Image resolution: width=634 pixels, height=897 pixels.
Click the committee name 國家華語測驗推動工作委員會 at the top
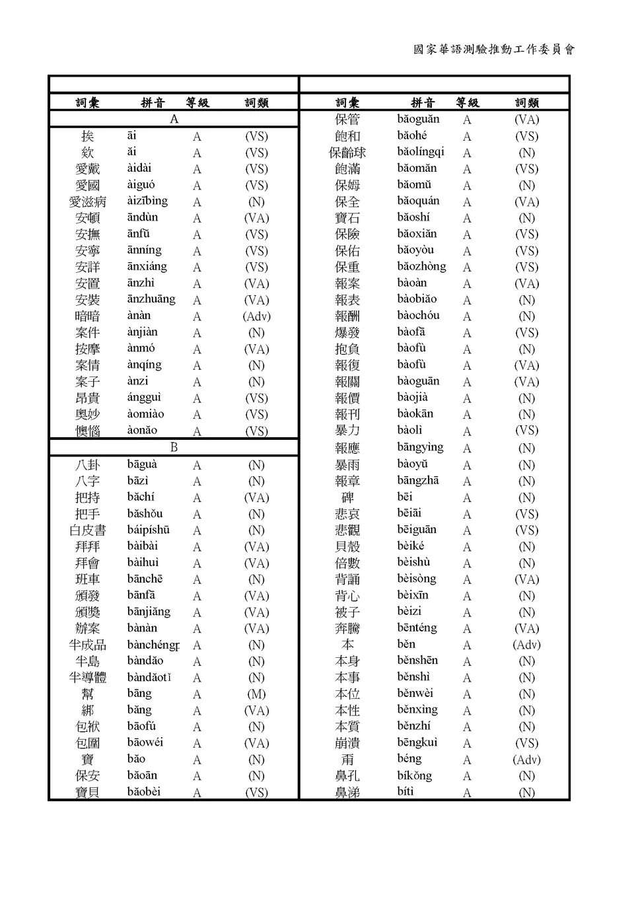coord(494,50)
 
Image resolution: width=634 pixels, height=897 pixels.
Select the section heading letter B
coord(174,447)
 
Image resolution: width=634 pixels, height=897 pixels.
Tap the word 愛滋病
coord(87,201)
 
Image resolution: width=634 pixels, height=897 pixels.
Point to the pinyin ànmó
coord(141,349)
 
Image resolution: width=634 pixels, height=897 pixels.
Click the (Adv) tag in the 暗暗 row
coord(256,316)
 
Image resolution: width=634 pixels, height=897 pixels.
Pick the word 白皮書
coord(87,530)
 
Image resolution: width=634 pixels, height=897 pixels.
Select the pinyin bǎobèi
coord(143,792)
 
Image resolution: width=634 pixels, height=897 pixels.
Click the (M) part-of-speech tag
coord(256,694)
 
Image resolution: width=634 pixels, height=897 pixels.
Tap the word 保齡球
coord(347,153)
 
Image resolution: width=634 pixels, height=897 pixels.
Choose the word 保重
coord(347,267)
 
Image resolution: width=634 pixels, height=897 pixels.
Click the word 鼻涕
coord(347,793)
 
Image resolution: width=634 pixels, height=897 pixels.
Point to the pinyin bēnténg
coord(417,628)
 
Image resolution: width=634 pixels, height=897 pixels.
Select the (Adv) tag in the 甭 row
coord(526,760)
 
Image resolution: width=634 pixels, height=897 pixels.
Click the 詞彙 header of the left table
coord(87,102)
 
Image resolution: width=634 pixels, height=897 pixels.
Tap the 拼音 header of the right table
coord(423,102)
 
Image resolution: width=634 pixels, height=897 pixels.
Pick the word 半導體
coord(87,678)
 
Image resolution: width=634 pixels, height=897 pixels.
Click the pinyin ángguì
coord(144,398)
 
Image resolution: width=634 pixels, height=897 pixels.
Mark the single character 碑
coord(347,497)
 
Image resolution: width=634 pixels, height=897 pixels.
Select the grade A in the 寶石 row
coord(467,218)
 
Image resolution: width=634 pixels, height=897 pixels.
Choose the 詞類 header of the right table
coord(526,102)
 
